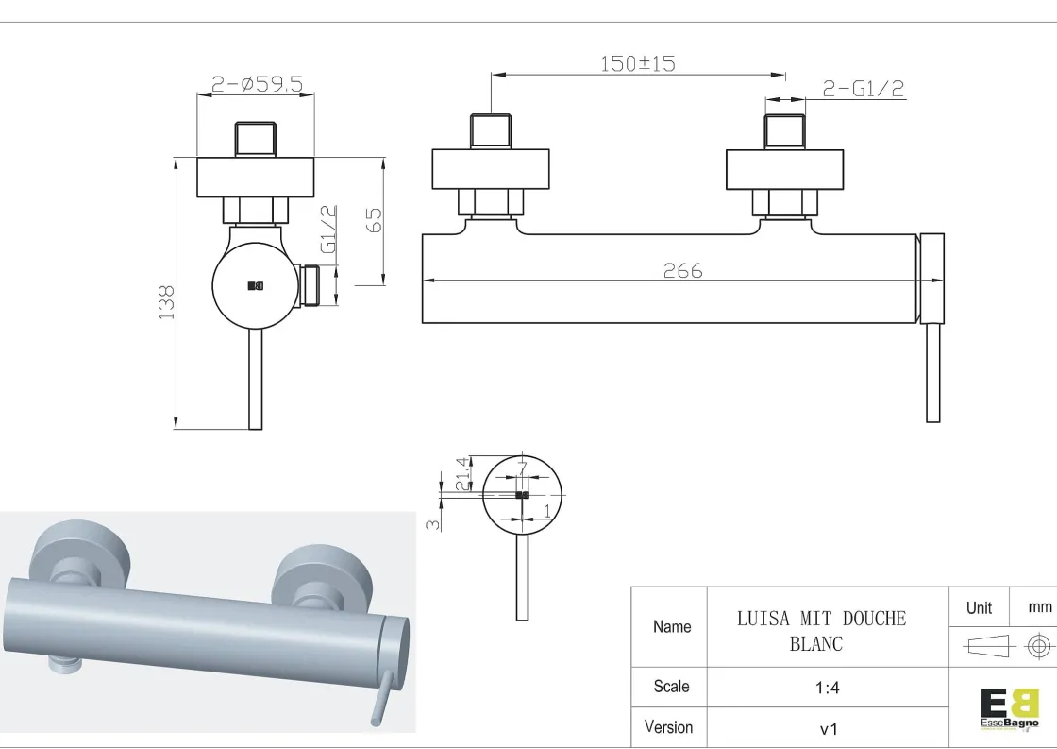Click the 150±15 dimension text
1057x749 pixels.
tap(638, 64)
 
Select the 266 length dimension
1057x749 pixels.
tap(682, 270)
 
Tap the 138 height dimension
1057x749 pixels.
tap(167, 302)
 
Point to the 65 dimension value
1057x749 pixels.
tap(374, 220)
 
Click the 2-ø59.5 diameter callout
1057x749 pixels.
tap(257, 85)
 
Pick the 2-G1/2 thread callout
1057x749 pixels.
tap(864, 89)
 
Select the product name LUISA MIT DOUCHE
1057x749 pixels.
tap(821, 619)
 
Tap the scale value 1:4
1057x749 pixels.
tap(827, 689)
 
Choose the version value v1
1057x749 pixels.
tap(827, 728)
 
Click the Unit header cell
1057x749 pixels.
tap(979, 607)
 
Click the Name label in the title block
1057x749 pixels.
tap(672, 626)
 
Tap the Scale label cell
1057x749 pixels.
tap(671, 687)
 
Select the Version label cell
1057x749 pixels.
tap(668, 727)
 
